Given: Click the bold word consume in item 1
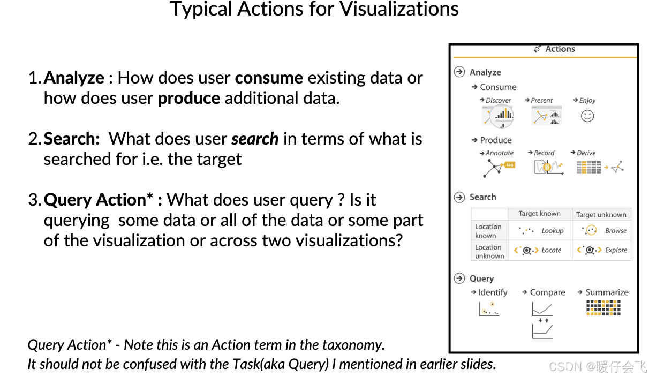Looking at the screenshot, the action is [x=269, y=78].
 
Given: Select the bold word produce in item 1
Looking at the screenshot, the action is [x=188, y=99].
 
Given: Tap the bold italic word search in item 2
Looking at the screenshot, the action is [x=254, y=139].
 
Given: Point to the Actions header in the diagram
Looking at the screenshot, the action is [x=560, y=49].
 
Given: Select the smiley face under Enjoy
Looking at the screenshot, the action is [x=587, y=116].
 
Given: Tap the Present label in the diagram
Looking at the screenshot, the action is [x=541, y=101].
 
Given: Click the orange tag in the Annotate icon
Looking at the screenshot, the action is [x=510, y=165].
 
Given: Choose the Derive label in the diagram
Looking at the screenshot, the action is [x=586, y=153].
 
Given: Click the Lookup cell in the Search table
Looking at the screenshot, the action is [x=540, y=231].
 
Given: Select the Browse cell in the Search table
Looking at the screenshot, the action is [x=602, y=231].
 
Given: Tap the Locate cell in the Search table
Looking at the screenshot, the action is [x=540, y=250].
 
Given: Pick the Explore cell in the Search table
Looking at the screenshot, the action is [x=602, y=250].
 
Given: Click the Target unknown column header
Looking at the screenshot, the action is [x=601, y=215].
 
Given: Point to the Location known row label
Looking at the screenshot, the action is [x=488, y=231].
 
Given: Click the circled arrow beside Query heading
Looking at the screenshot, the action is [x=459, y=278].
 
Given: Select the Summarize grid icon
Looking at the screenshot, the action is [x=603, y=307].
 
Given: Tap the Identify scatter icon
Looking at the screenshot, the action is [x=489, y=309].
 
